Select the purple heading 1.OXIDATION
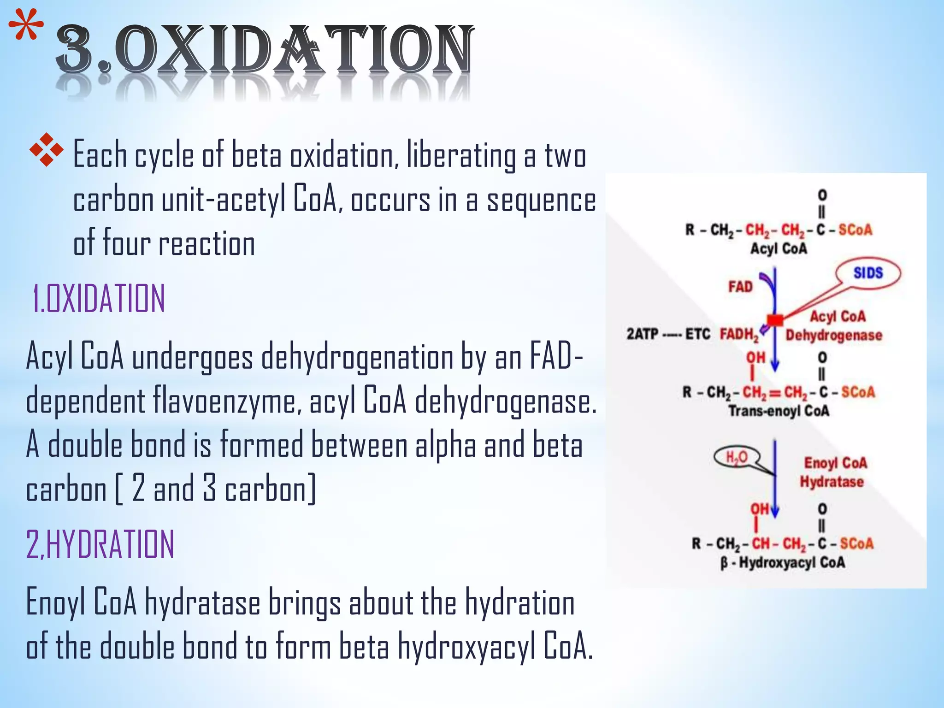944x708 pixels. (x=98, y=299)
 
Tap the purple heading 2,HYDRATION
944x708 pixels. (x=100, y=544)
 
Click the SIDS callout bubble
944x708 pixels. (x=868, y=273)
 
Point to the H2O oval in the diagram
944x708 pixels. (x=737, y=457)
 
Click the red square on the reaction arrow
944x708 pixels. (x=775, y=319)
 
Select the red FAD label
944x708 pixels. (x=740, y=287)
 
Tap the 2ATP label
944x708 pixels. (x=642, y=334)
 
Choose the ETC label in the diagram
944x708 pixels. (x=697, y=334)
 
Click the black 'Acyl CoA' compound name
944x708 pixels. (x=779, y=249)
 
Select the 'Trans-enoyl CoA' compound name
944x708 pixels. (x=779, y=411)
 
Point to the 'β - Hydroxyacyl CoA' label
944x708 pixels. (x=783, y=563)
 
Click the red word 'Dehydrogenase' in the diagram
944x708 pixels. (x=834, y=335)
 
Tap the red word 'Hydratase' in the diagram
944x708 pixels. (x=832, y=482)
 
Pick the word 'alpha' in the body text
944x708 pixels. (x=445, y=445)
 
